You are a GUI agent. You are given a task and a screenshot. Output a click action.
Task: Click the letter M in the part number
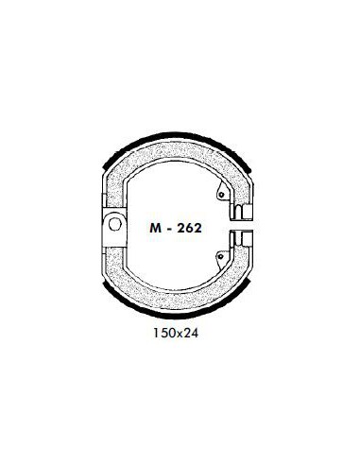pyautogui.click(x=156, y=228)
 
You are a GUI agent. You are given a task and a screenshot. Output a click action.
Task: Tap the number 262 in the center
pyautogui.click(x=189, y=228)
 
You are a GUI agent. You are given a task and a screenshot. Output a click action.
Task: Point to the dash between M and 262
pyautogui.click(x=169, y=229)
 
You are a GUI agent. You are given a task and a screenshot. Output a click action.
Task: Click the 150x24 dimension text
pyautogui.click(x=176, y=333)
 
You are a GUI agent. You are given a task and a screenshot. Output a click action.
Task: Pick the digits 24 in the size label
pyautogui.click(x=191, y=333)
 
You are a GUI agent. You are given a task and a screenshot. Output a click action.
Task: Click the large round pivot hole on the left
pyautogui.click(x=114, y=224)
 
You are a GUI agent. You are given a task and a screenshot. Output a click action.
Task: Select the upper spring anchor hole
pyautogui.click(x=221, y=195)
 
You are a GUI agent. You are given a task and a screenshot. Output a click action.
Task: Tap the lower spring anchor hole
pyautogui.click(x=221, y=256)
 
